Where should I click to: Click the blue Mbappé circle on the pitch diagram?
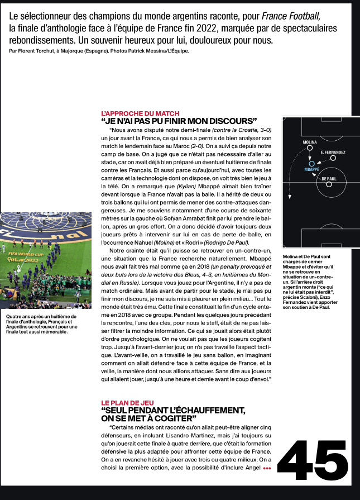312,163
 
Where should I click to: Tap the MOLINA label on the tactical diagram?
310,143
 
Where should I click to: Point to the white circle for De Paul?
329,184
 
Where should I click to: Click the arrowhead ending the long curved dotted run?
289,197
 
